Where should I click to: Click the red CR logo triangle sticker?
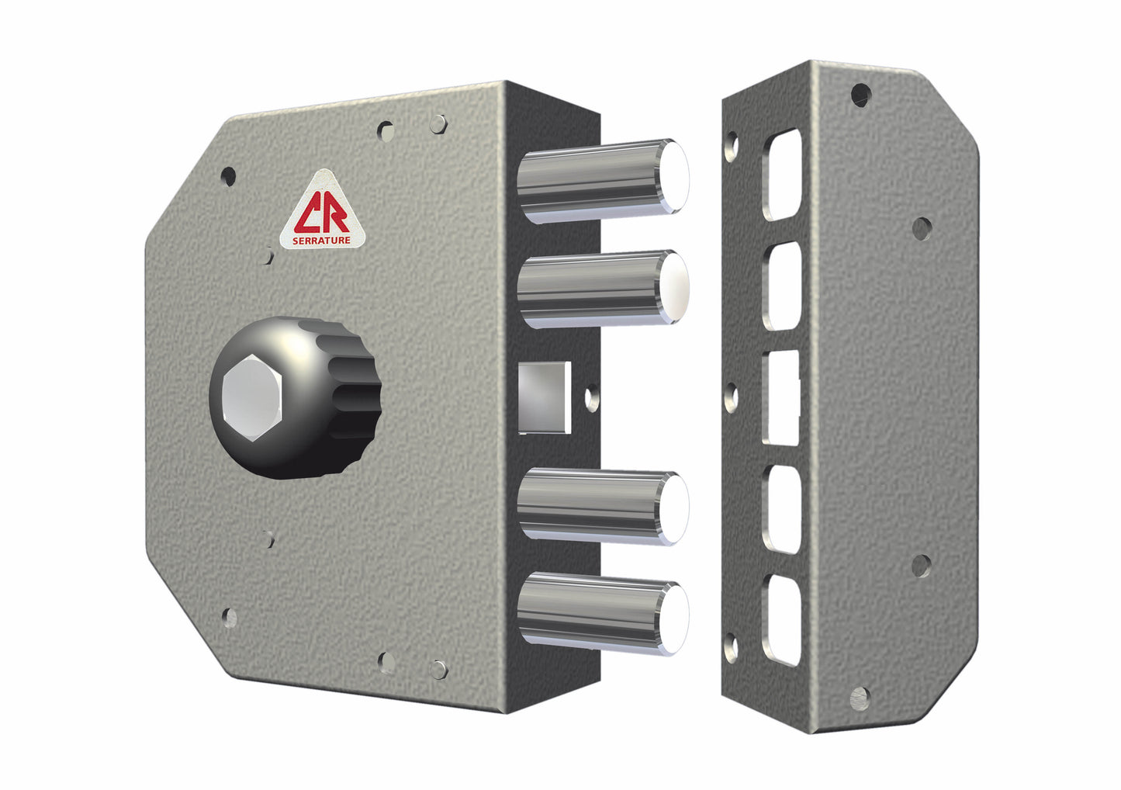(x=322, y=213)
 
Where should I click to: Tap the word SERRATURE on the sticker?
(x=321, y=241)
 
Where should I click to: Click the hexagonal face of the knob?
(x=251, y=397)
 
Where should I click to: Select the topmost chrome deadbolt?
(x=603, y=181)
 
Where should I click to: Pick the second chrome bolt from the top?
(x=603, y=289)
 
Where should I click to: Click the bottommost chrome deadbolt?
(x=603, y=613)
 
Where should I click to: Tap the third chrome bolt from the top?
(x=603, y=507)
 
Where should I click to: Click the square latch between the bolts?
(x=545, y=397)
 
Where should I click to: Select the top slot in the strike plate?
(x=782, y=175)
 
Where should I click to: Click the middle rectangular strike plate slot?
(x=781, y=397)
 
